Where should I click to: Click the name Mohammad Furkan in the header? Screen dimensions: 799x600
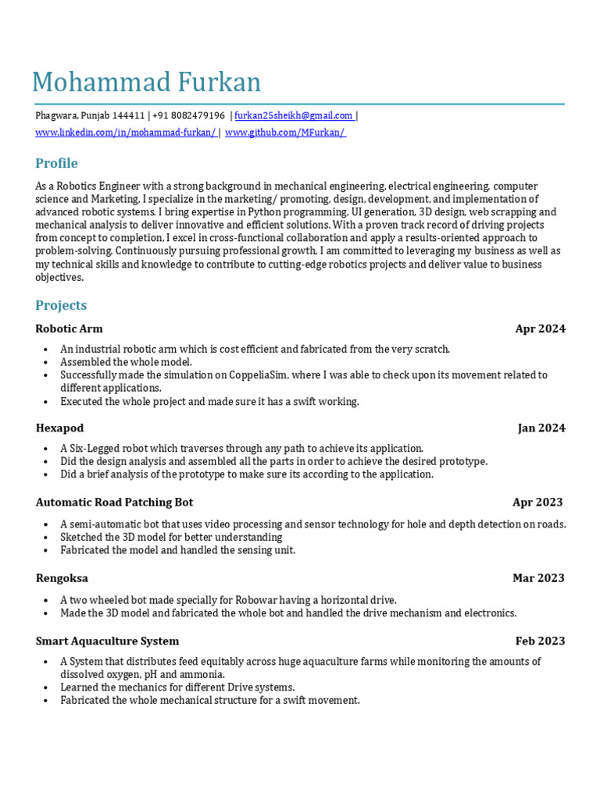[x=146, y=83]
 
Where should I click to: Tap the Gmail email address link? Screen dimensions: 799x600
[x=294, y=115]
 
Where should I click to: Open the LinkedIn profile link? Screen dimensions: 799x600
[x=125, y=133]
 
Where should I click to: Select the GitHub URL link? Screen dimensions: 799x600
[x=285, y=133]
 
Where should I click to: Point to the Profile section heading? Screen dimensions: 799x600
[x=56, y=163]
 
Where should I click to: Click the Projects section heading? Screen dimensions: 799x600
[x=61, y=305]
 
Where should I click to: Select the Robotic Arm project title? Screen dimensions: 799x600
[x=69, y=328]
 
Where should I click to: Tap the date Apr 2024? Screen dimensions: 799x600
[x=540, y=328]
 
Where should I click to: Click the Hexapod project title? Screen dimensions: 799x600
[x=59, y=428]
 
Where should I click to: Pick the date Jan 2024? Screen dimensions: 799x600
[x=541, y=428]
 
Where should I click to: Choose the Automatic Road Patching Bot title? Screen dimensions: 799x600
[x=114, y=502]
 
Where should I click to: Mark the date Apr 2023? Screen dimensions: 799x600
[x=537, y=502]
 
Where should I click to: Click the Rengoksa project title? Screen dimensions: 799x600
[x=62, y=578]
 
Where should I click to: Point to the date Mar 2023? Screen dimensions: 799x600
[x=538, y=578]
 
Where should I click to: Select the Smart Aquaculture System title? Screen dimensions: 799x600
[x=107, y=641]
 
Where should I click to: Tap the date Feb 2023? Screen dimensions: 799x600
[x=540, y=641]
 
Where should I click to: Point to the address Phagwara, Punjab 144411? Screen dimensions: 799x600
[x=90, y=115]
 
